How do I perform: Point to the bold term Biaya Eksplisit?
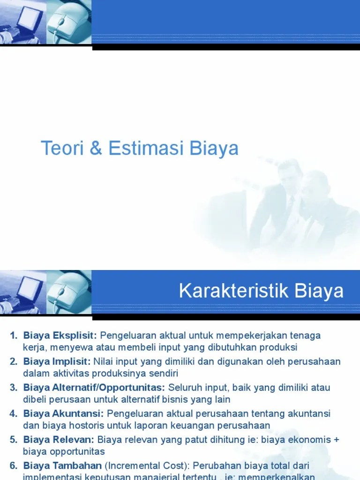coord(60,336)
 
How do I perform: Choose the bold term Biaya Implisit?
coord(57,361)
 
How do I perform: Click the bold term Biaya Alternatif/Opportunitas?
coord(94,388)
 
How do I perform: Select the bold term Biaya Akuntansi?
coord(63,413)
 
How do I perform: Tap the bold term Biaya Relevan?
coord(59,440)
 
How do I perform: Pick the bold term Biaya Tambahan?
coord(62,465)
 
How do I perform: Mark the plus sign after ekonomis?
coord(336,440)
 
